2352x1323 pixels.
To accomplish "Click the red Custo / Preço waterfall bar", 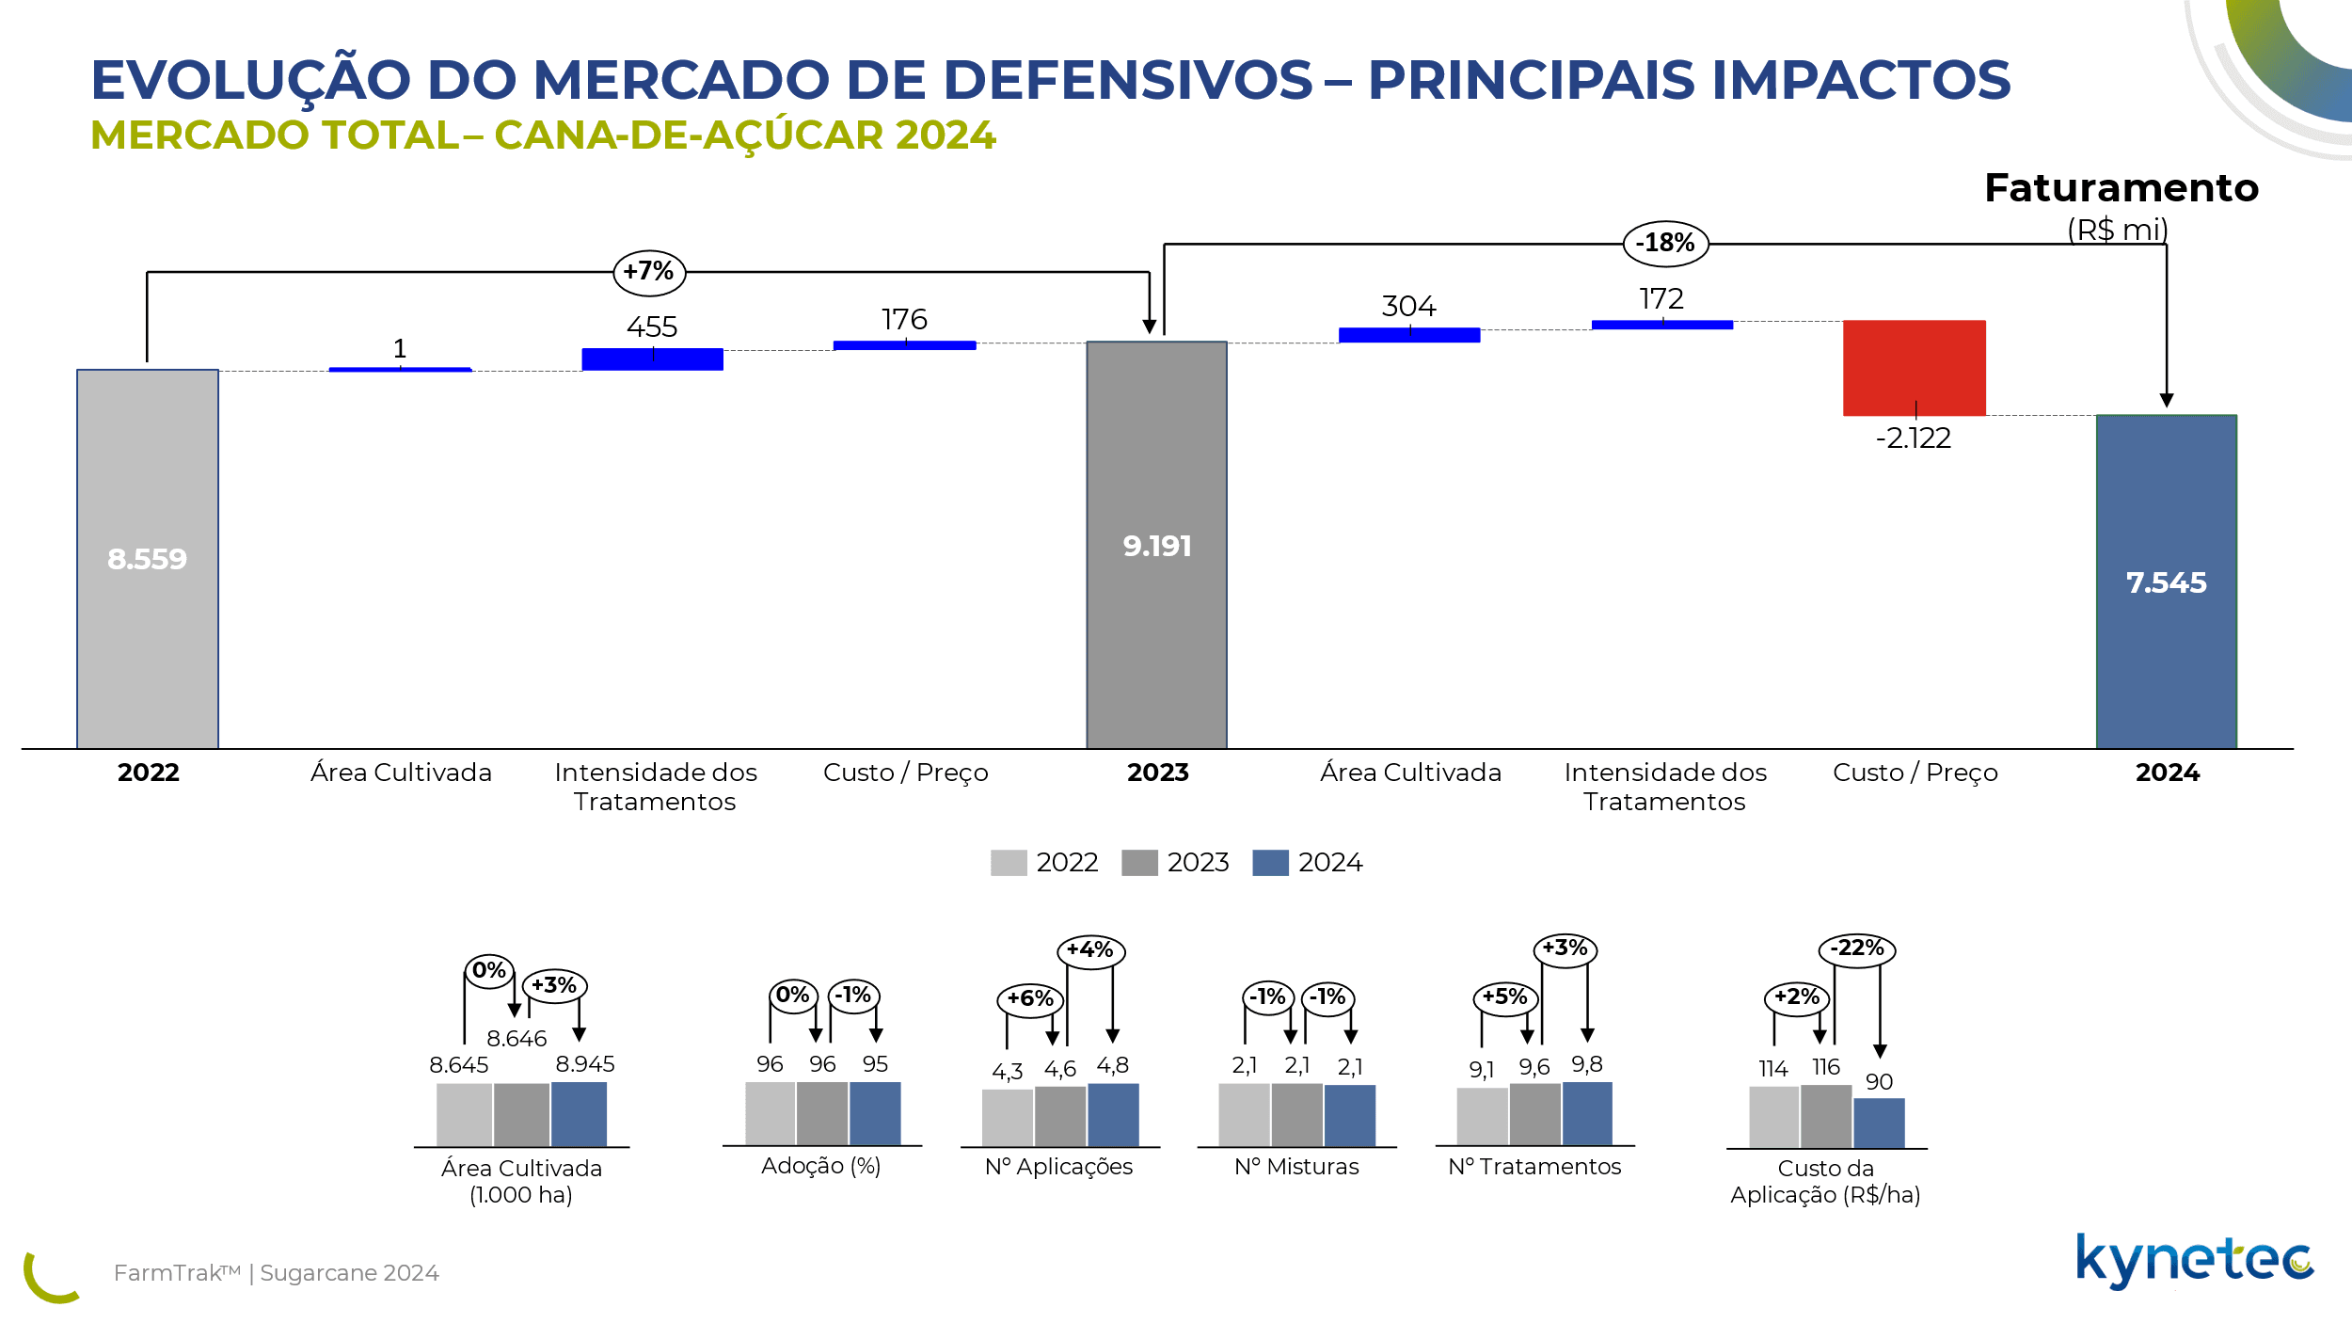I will pyautogui.click(x=1914, y=367).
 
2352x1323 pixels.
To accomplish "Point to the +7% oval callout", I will pyautogui.click(x=649, y=273).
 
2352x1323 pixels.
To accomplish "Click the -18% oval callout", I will pyautogui.click(x=1665, y=244).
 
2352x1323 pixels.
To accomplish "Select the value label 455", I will pyautogui.click(x=652, y=327).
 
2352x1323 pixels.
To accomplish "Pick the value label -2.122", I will pyautogui.click(x=1914, y=438).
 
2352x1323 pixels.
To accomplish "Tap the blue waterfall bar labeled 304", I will pyautogui.click(x=1408, y=335).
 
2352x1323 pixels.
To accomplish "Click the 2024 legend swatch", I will pyautogui.click(x=1270, y=863).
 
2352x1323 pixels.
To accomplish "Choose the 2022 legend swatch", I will pyautogui.click(x=1008, y=863).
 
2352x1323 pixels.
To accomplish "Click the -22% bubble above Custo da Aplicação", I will pyautogui.click(x=1856, y=948).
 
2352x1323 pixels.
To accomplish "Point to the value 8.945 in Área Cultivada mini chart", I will pyautogui.click(x=584, y=1064).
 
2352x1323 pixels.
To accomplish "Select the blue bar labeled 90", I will pyautogui.click(x=1879, y=1123).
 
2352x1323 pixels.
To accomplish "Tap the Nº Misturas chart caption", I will pyautogui.click(x=1296, y=1167).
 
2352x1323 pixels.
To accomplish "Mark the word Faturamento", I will pyautogui.click(x=2122, y=188).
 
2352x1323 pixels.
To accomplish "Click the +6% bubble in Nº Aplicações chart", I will pyautogui.click(x=1030, y=999).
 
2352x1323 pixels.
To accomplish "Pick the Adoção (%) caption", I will pyautogui.click(x=820, y=1166).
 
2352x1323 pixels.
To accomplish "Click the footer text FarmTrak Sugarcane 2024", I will pyautogui.click(x=276, y=1273).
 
